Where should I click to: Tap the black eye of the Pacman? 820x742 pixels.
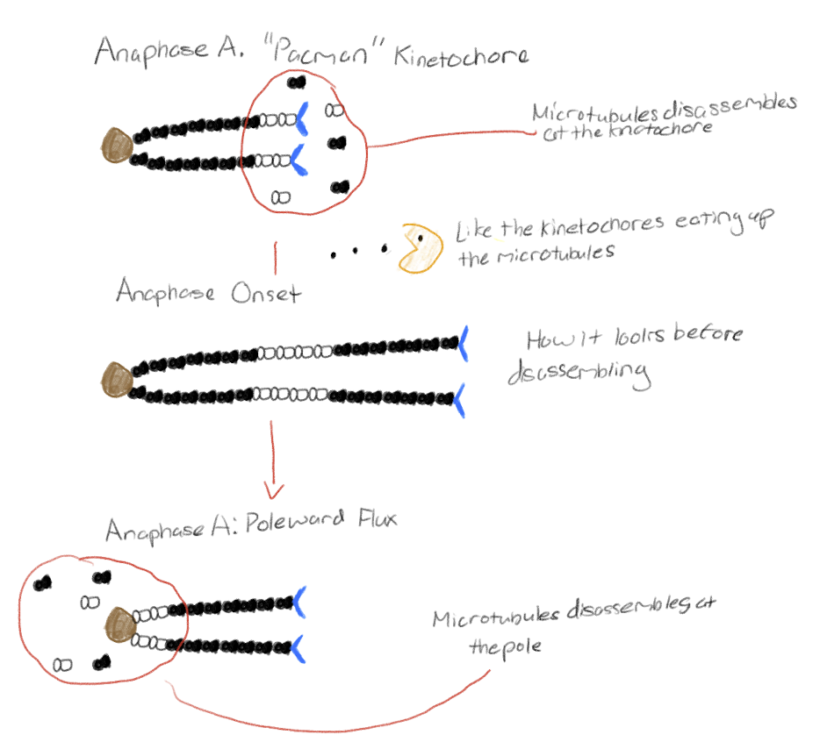422,237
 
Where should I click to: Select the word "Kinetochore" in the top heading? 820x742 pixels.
461,56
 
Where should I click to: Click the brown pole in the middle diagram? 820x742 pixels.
115,380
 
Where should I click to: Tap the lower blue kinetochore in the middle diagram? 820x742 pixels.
460,399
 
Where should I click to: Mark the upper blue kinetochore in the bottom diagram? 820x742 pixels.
299,599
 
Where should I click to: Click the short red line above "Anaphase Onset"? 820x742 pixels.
276,259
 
